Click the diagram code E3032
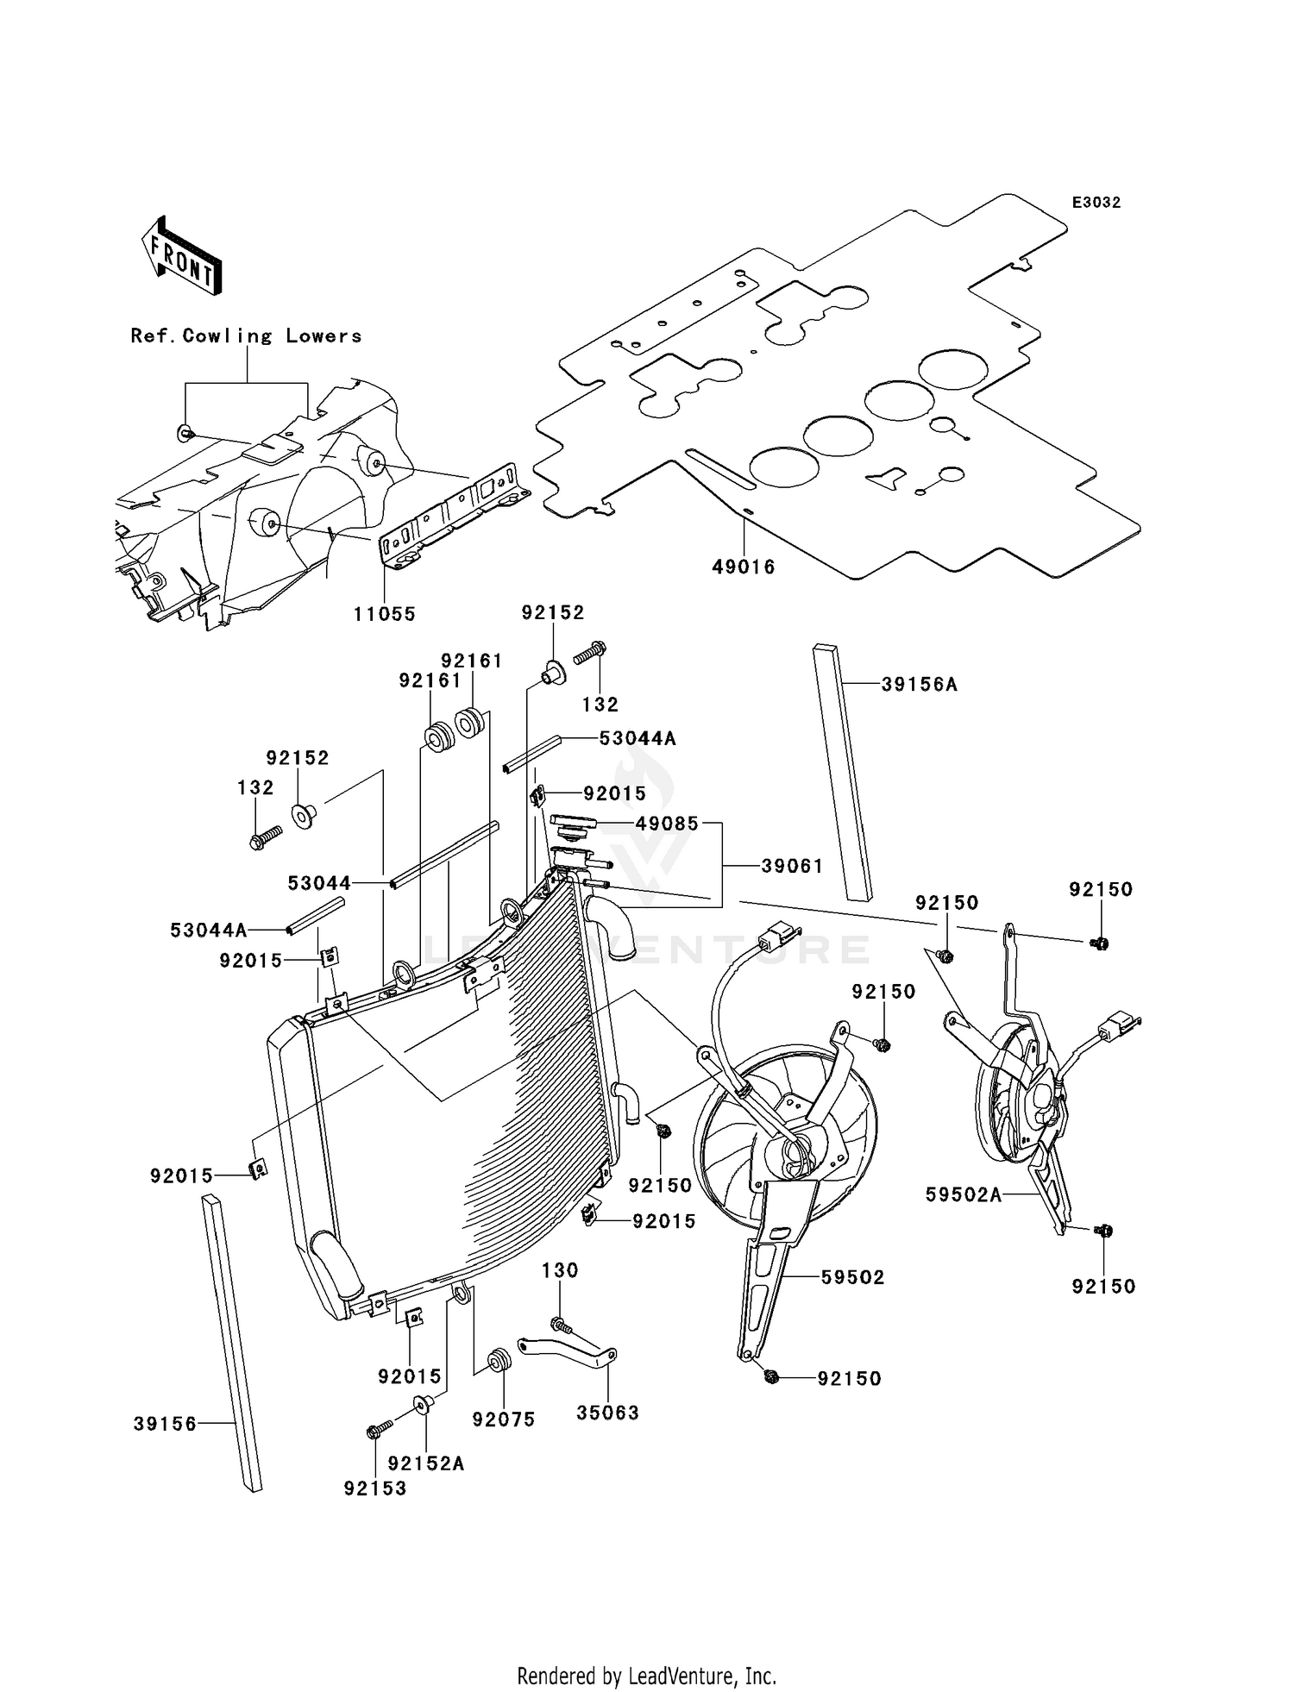pos(1096,203)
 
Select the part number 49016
pos(743,567)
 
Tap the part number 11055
pos(384,614)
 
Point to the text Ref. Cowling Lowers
pos(246,336)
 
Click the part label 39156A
pos(919,685)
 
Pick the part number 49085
pos(667,824)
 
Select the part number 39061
pos(792,866)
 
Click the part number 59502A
pos(963,1194)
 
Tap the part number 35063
pos(607,1413)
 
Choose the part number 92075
pos(504,1419)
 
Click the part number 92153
pos(374,1488)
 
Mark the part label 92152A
pos(426,1463)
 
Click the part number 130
pos(560,1270)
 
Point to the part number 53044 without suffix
pos(319,883)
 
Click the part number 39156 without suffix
pos(165,1424)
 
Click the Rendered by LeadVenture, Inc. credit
pos(646,1676)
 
